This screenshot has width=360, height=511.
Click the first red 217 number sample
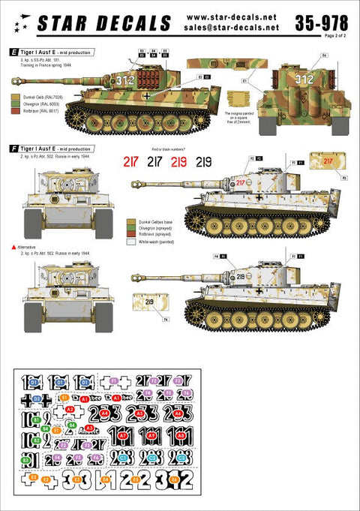(133, 161)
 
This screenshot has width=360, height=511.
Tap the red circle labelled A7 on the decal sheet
(152, 434)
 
